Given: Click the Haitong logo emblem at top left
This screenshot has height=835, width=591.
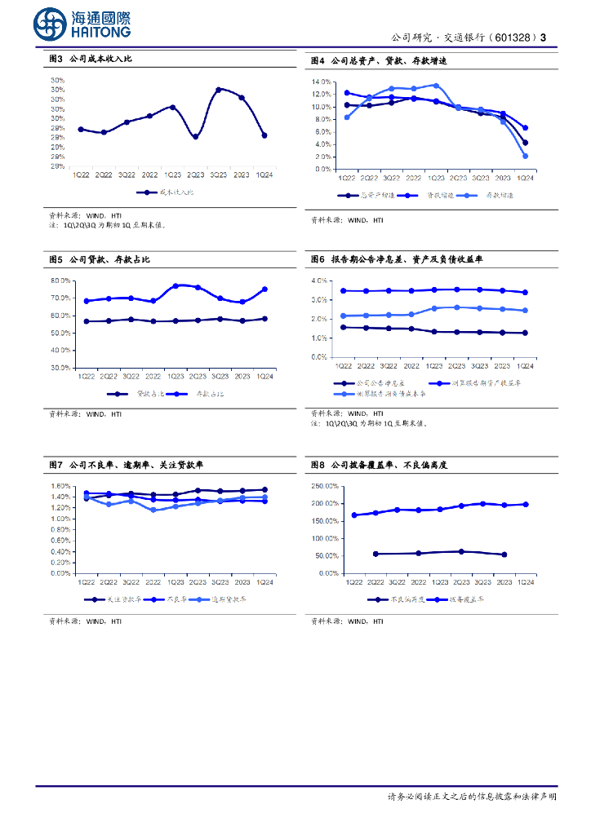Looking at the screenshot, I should [51, 24].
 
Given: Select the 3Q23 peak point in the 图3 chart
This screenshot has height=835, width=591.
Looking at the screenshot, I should [219, 89].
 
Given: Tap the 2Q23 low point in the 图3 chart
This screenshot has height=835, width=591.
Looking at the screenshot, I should [196, 137].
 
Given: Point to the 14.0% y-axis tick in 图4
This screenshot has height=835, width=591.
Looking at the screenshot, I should [321, 82].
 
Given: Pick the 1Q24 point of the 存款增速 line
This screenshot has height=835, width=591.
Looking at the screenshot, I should [525, 156].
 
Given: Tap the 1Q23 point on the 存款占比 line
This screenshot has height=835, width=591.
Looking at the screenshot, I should [175, 286].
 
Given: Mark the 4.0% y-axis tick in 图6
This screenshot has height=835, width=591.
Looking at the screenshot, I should [319, 281].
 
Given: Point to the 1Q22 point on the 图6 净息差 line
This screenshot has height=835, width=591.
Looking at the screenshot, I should [344, 327].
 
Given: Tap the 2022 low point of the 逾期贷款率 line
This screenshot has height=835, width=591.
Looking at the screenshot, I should [153, 510].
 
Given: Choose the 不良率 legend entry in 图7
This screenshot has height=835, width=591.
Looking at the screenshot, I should [172, 599].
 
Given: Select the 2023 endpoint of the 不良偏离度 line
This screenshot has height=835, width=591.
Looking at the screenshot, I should [504, 554].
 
